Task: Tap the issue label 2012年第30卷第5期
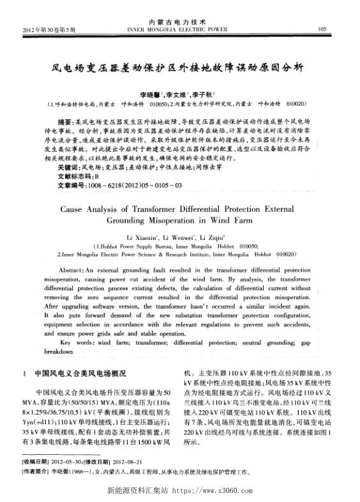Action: (x=49, y=29)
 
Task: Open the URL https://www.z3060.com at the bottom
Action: (x=219, y=492)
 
